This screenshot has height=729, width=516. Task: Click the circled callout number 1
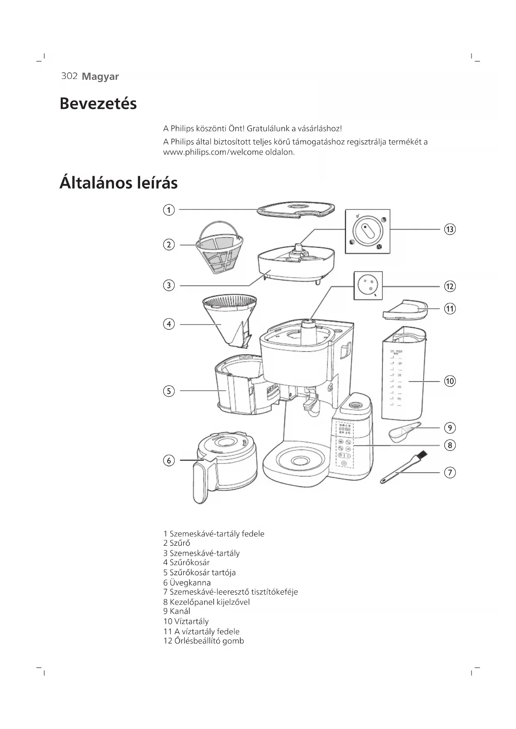168,210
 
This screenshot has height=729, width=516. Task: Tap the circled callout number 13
450,229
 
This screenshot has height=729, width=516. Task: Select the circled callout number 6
168,461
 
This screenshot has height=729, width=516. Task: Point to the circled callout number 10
450,381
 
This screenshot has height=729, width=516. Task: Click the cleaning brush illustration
403,468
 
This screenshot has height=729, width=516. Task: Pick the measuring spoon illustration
403,431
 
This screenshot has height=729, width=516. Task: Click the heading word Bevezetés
98,103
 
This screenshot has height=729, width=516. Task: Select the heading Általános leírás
119,183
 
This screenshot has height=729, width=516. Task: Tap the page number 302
69,76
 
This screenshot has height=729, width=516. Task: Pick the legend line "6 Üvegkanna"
187,583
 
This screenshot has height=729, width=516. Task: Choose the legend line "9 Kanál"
177,611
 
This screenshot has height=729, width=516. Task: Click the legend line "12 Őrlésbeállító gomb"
204,641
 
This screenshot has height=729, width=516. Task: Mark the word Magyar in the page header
100,76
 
